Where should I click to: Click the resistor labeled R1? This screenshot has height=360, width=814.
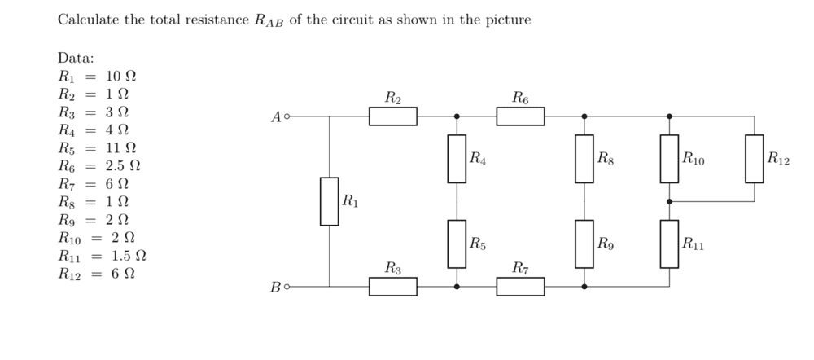point(330,201)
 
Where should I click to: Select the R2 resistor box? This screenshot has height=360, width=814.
point(393,116)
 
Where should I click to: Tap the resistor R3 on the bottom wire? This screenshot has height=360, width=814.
point(393,287)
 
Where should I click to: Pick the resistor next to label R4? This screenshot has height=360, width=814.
point(457,159)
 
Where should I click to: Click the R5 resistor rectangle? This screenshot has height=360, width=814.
point(457,244)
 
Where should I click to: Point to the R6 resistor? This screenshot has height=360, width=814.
point(521,116)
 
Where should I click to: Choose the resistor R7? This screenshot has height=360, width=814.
point(521,287)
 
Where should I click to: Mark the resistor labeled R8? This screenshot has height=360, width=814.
point(584,159)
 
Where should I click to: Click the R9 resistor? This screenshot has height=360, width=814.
point(584,244)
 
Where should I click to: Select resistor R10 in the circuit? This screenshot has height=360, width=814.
point(669,159)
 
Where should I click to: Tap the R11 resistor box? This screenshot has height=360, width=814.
point(669,244)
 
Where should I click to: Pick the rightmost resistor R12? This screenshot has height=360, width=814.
point(754,159)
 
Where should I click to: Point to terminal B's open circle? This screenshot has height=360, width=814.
point(286,287)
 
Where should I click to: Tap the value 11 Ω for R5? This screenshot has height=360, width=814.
point(120,148)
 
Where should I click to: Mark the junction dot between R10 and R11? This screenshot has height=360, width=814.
point(669,201)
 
